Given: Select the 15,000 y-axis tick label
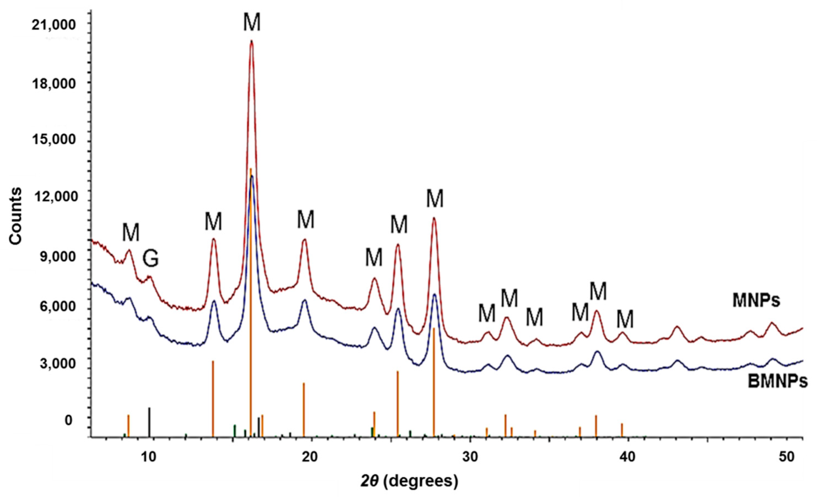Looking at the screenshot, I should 54,140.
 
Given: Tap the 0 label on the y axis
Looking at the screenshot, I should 68,420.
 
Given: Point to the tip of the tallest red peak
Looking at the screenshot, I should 252,41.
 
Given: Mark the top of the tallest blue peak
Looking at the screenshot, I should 252,176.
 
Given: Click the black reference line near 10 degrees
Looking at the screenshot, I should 150,422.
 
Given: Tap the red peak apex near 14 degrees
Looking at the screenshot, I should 214,239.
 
